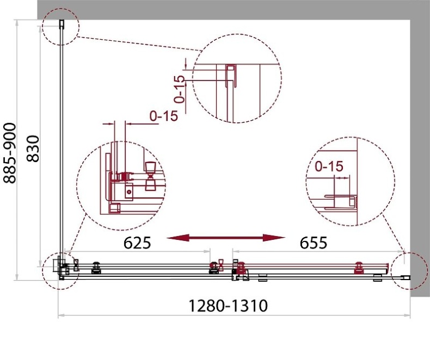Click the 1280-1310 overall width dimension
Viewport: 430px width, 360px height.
228,306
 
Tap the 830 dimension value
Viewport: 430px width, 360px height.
33,148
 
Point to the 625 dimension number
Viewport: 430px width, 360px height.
137,243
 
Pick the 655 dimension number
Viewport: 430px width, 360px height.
314,243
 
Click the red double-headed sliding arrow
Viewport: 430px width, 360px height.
226,238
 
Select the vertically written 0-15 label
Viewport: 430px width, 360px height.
180,89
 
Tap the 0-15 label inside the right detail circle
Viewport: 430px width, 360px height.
329,166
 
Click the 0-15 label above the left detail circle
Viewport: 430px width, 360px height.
164,116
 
